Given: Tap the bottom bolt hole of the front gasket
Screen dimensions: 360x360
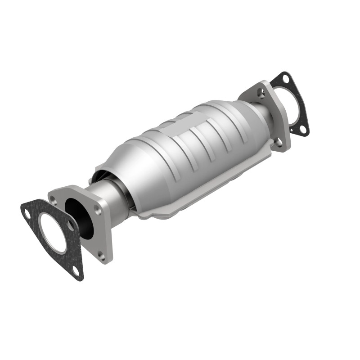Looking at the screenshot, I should coord(75,270).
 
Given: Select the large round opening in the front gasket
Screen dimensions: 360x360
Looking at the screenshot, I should coord(52,234).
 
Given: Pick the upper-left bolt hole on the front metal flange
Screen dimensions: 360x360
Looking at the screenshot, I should coord(55,196).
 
